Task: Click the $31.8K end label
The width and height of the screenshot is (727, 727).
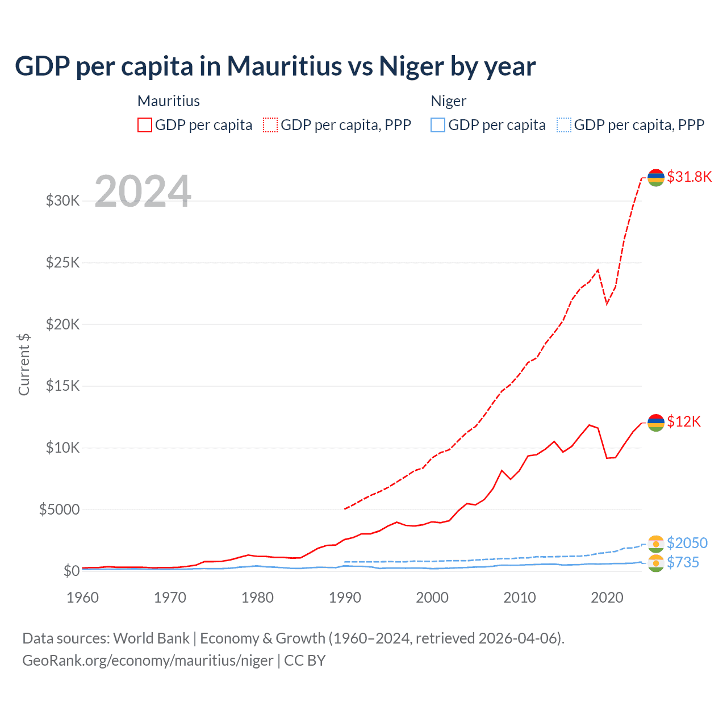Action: click(689, 177)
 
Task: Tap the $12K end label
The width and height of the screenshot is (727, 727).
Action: click(684, 421)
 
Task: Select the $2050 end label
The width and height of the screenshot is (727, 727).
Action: click(687, 543)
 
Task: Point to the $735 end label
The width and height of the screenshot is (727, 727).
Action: click(683, 562)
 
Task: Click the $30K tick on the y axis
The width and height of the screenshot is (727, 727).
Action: click(62, 200)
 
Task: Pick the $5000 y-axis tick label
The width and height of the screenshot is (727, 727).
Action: click(59, 509)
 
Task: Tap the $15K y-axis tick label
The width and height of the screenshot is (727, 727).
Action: click(62, 386)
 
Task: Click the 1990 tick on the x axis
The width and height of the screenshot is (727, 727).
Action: click(345, 598)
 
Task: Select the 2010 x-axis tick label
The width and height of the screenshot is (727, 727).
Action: click(520, 598)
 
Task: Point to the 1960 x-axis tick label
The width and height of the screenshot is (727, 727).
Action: click(83, 598)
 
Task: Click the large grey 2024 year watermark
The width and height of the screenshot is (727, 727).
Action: click(143, 191)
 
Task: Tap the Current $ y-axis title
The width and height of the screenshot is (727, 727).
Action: click(24, 365)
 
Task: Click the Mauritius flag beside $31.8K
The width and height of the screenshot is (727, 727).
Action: click(656, 178)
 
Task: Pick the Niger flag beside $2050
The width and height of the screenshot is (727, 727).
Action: click(656, 544)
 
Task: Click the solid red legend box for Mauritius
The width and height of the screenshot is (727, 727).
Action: click(145, 125)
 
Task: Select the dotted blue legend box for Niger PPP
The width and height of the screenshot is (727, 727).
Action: click(564, 125)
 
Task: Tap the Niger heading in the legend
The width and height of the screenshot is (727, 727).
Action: click(449, 101)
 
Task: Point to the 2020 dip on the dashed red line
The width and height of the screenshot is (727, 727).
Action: click(607, 303)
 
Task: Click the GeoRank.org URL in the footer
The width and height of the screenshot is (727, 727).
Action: click(148, 661)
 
